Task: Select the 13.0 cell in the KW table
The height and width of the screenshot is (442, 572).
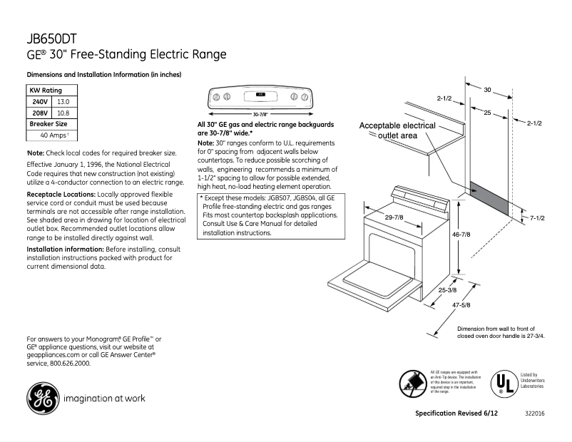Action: (63, 102)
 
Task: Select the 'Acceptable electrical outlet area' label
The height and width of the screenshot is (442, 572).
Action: (397, 130)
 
